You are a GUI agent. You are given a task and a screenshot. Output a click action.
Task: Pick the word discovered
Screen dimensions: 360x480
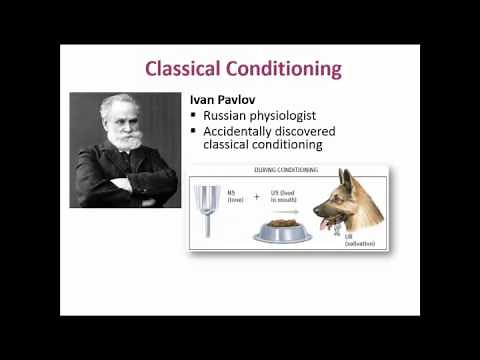(x=310, y=131)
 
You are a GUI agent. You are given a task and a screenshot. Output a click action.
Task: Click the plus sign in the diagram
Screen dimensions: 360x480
(x=256, y=197)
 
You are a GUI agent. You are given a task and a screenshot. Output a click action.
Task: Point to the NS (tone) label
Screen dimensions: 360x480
(x=236, y=196)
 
